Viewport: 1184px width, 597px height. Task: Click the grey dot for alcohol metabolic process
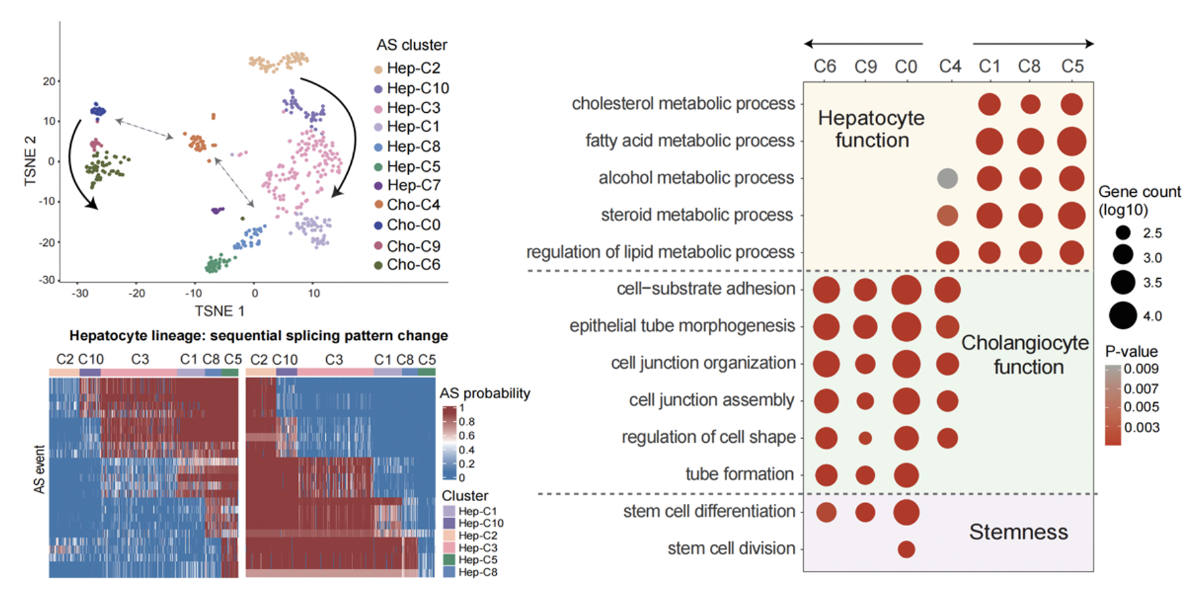(x=947, y=178)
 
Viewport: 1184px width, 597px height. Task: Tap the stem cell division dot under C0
(x=906, y=549)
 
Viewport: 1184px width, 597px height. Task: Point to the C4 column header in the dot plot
(x=950, y=66)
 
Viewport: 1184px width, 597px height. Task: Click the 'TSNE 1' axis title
(x=219, y=311)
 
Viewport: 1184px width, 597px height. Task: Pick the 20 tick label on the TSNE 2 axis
(x=49, y=81)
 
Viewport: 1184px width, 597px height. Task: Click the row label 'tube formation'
(x=740, y=474)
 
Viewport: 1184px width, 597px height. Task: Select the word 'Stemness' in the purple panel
(x=1018, y=532)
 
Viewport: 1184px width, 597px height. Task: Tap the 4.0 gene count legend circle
(x=1123, y=316)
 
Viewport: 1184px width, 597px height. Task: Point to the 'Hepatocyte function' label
(x=871, y=129)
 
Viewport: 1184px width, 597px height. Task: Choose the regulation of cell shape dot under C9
(x=865, y=438)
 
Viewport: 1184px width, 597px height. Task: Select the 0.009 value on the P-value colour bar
(x=1141, y=369)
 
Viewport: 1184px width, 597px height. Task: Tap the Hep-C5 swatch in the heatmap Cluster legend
(x=449, y=560)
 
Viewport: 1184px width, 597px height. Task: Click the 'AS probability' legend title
(x=484, y=393)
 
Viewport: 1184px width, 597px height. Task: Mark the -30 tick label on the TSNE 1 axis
(x=80, y=293)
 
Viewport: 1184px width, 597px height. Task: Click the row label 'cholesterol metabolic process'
(x=683, y=104)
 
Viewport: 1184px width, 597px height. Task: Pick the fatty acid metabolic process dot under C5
(x=1071, y=141)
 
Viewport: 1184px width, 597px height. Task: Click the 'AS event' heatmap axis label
(x=39, y=469)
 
